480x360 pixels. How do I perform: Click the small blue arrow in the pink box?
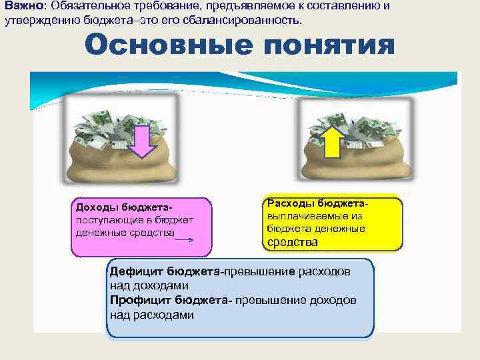tap(185, 237)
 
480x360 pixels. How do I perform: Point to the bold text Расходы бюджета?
tap(317, 203)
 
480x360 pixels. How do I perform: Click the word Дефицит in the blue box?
tap(136, 272)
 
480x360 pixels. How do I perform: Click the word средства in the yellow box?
tap(292, 242)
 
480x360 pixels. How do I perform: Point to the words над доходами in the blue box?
tap(142, 286)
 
